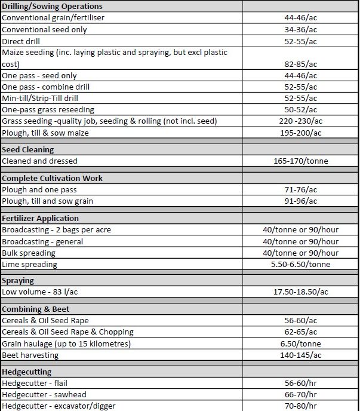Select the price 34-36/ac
[300, 29]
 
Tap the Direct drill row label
[21, 41]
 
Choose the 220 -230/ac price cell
[300, 121]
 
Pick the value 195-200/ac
[300, 133]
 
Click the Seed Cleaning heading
[28, 149]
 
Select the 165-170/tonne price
[300, 161]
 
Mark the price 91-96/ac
[300, 201]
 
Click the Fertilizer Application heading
[41, 218]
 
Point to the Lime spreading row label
[30, 264]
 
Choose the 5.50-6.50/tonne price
[300, 264]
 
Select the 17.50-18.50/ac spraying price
[300, 292]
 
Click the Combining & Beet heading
[36, 309]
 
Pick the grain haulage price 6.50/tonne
[300, 343]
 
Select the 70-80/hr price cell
[300, 406]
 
